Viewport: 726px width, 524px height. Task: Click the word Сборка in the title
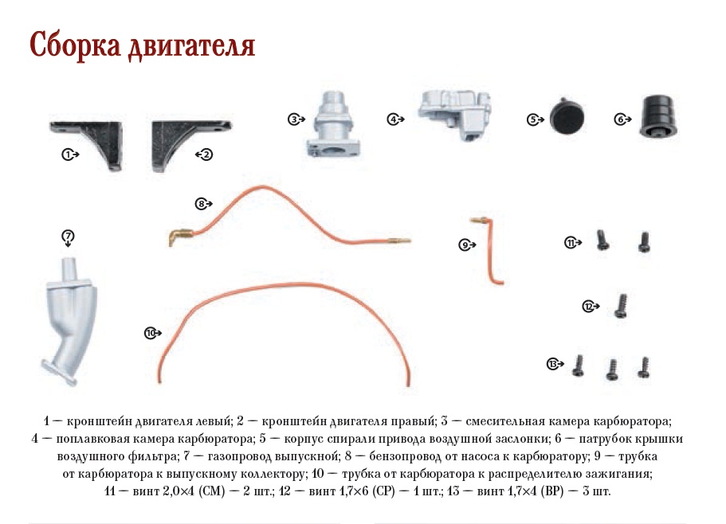click(75, 45)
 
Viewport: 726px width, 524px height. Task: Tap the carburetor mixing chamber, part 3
click(334, 124)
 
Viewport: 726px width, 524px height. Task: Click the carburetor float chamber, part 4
click(455, 114)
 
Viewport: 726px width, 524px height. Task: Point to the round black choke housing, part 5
click(567, 117)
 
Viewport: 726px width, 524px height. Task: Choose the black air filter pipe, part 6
click(659, 116)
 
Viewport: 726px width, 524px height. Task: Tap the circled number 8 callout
click(201, 204)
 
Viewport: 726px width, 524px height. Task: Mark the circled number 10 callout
click(150, 333)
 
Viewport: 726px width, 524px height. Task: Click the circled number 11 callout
click(571, 242)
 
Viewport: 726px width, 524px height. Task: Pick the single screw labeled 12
click(621, 306)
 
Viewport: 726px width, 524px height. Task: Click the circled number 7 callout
click(68, 237)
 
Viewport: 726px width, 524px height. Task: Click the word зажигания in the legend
click(613, 474)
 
